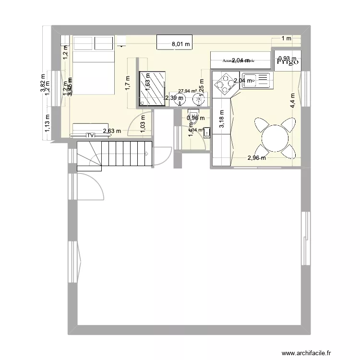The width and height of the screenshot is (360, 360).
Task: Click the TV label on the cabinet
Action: [x=90, y=136]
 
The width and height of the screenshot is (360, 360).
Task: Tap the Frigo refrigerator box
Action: [x=288, y=61]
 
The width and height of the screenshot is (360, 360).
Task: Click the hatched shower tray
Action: [x=152, y=88]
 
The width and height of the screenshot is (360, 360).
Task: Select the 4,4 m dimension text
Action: [x=292, y=101]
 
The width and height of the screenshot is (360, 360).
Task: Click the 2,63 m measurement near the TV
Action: [x=111, y=131]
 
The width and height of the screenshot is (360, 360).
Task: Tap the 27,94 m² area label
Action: [x=187, y=91]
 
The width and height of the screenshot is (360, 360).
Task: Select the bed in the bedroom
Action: [x=93, y=72]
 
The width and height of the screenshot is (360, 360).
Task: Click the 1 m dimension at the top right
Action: [x=286, y=38]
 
